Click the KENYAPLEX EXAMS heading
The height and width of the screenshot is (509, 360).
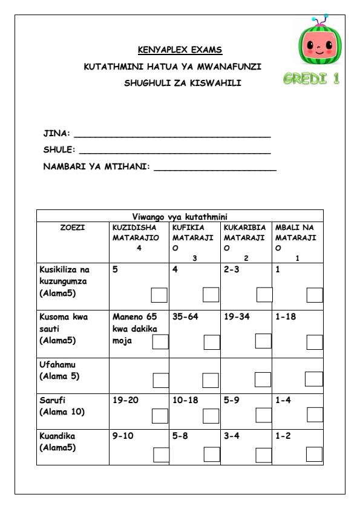tap(180, 50)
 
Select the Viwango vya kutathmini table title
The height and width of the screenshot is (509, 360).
tap(180, 216)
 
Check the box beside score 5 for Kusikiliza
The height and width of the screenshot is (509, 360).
tap(160, 295)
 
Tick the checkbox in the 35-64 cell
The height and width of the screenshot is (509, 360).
tap(212, 342)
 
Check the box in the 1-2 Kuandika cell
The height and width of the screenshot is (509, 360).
tap(315, 455)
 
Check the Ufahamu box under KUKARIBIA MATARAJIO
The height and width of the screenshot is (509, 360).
tap(263, 379)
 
